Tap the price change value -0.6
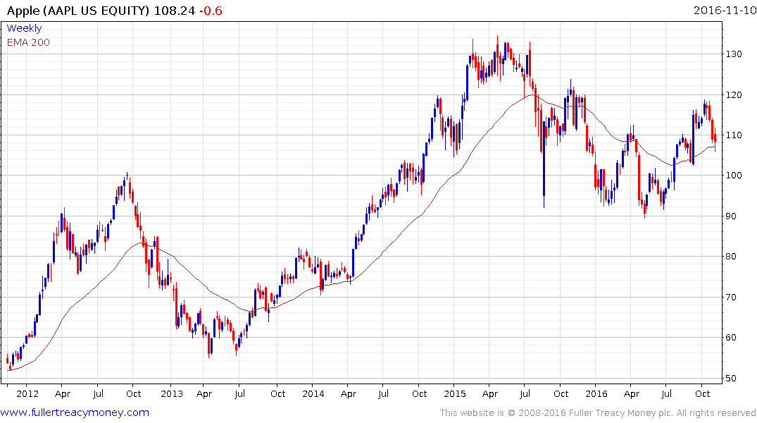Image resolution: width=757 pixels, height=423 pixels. pyautogui.click(x=213, y=11)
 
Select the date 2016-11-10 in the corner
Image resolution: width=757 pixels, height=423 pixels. pyautogui.click(x=723, y=11)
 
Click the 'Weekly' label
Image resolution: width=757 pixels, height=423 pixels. pyautogui.click(x=24, y=28)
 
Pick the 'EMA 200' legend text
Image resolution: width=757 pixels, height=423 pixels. pyautogui.click(x=28, y=42)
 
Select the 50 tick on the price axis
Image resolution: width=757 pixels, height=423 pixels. pyautogui.click(x=732, y=379)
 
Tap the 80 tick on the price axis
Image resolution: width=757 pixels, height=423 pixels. pyautogui.click(x=732, y=257)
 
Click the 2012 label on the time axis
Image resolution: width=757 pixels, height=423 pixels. pyautogui.click(x=27, y=393)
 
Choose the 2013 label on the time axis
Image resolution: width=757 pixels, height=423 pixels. pyautogui.click(x=171, y=393)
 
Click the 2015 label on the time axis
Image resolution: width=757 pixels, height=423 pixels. pyautogui.click(x=455, y=393)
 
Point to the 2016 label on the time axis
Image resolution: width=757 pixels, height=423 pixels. pyautogui.click(x=596, y=393)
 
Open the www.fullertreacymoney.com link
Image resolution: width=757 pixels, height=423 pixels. pyautogui.click(x=75, y=412)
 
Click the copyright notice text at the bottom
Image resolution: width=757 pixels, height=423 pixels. pyautogui.click(x=598, y=413)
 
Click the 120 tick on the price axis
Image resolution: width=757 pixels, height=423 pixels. pyautogui.click(x=735, y=95)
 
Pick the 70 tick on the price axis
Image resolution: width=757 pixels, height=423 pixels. pyautogui.click(x=732, y=298)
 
